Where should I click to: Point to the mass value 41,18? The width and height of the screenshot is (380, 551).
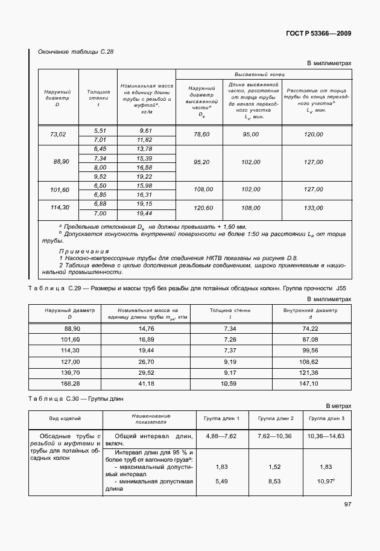(x=147, y=383)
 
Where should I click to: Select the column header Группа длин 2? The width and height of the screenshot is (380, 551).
(x=276, y=419)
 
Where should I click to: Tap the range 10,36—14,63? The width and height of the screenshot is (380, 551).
(x=326, y=436)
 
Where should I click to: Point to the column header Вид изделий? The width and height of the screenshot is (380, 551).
(x=66, y=419)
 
